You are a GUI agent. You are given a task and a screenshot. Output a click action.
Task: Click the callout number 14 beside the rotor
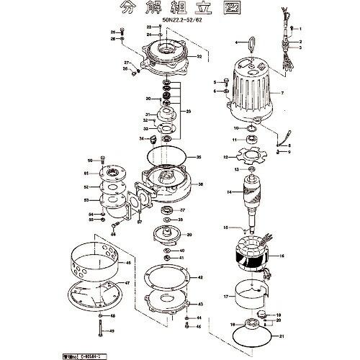pyautogui.click(x=228, y=193)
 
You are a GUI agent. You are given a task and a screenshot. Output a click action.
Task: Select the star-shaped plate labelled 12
pyautogui.click(x=249, y=156)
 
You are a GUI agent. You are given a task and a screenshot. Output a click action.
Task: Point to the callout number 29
pyautogui.click(x=189, y=112)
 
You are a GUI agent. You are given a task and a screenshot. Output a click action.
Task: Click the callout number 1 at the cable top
pyautogui.click(x=302, y=29)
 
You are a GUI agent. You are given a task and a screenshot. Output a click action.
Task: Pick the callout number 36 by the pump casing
pyautogui.click(x=200, y=184)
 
